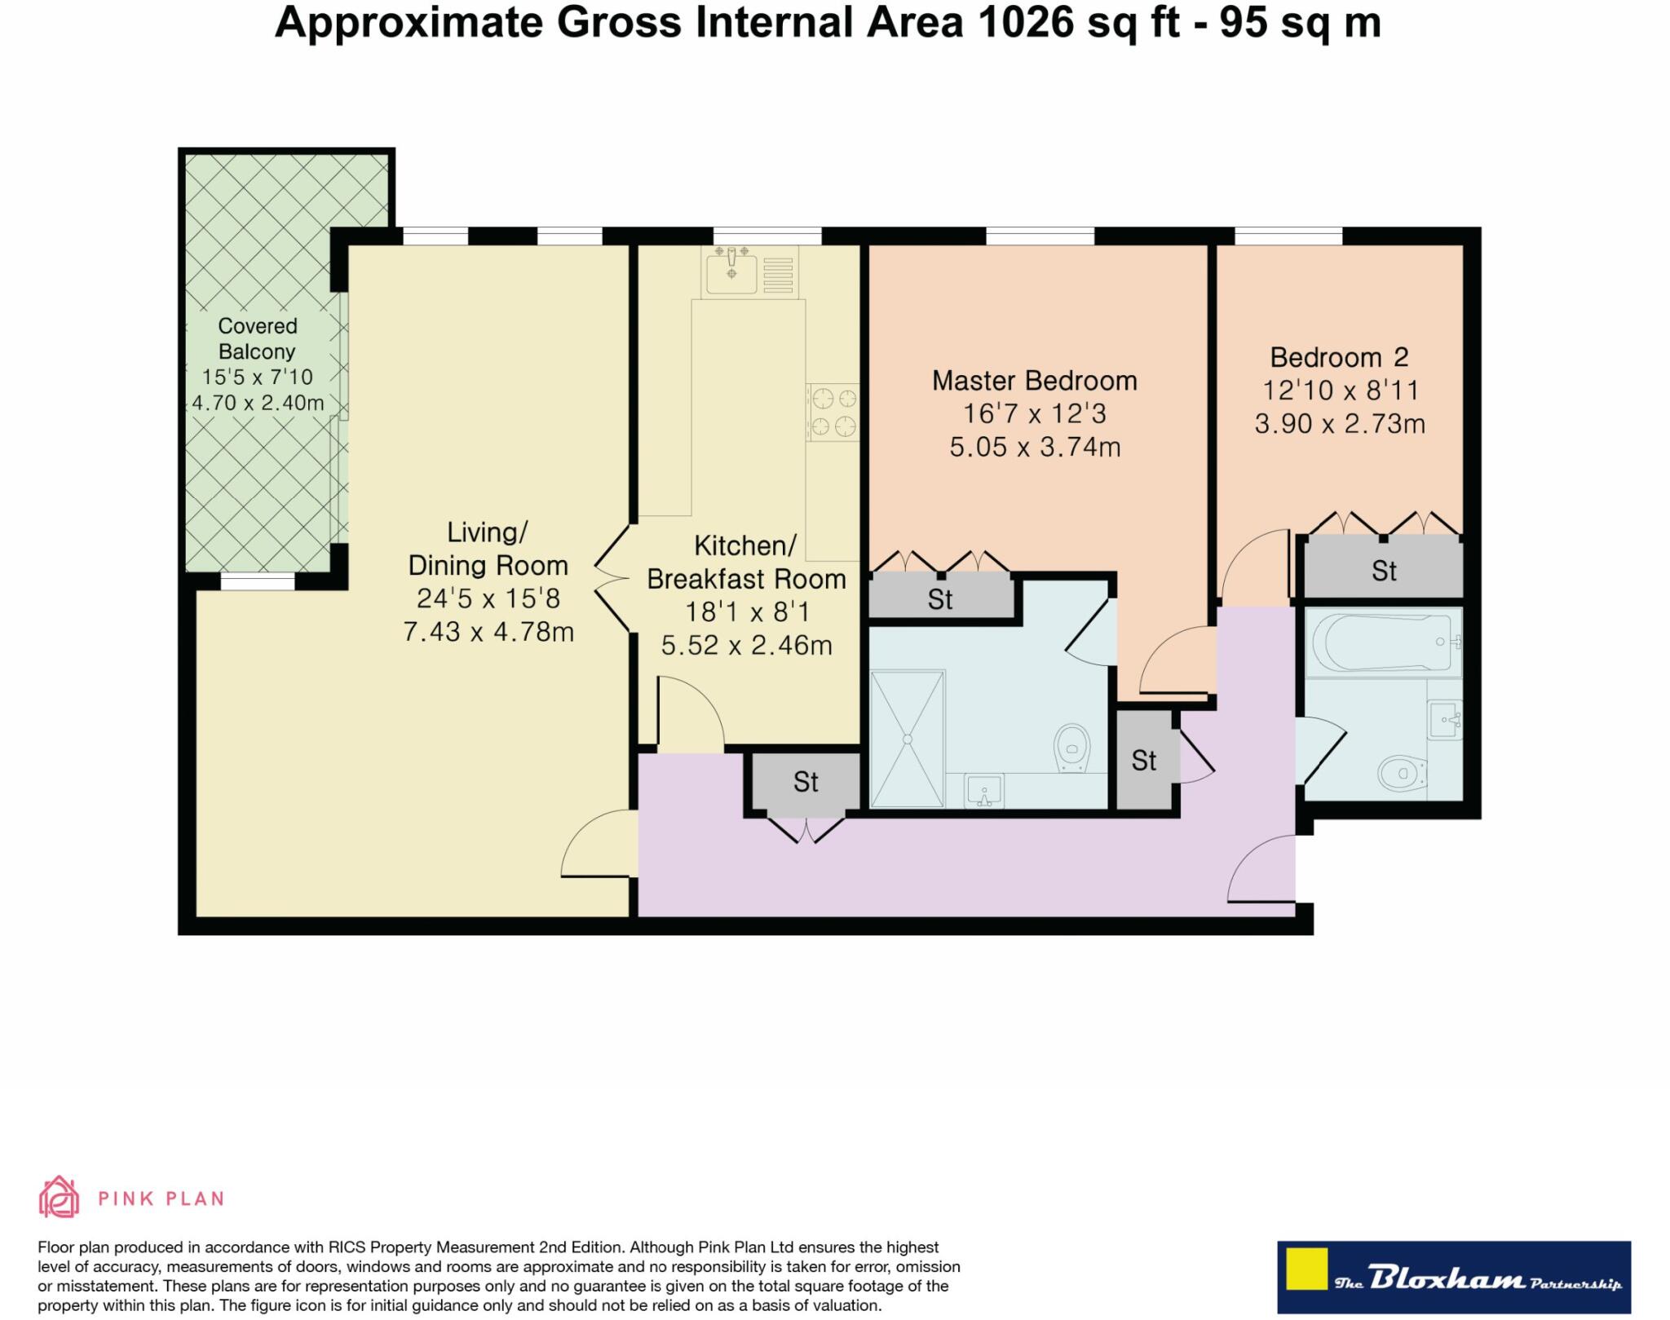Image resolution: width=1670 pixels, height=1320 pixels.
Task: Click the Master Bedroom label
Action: coord(1034,381)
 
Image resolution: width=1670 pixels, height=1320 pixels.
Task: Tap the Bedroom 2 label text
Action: coord(1339,357)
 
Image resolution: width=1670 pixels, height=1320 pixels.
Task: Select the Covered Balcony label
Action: coord(257,338)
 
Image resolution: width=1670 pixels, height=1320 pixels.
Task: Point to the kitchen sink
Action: coord(732,271)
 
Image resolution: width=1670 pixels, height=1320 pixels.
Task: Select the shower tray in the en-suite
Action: coord(907,739)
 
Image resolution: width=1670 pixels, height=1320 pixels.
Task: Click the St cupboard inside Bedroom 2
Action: coord(1383,571)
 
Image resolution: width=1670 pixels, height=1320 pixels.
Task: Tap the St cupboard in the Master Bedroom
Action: coord(939,600)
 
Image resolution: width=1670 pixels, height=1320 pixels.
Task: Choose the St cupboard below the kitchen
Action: coord(806,782)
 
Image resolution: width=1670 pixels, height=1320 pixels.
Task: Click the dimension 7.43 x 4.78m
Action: coord(488,632)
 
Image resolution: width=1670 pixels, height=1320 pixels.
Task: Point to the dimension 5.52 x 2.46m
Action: coord(746,646)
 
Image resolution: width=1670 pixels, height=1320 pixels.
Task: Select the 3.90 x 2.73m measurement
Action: coord(1339,424)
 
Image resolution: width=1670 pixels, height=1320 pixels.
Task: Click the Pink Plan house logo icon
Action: coord(59,1197)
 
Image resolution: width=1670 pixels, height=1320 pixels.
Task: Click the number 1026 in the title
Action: coord(1024,23)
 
